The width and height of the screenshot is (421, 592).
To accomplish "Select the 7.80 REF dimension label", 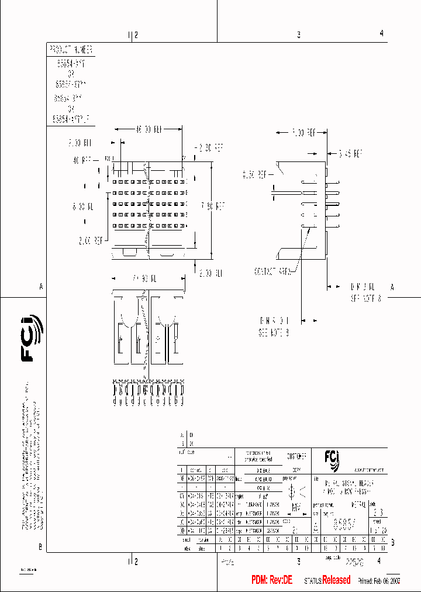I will pyautogui.click(x=212, y=206).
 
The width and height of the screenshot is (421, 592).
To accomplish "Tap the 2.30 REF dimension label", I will pyautogui.click(x=209, y=147).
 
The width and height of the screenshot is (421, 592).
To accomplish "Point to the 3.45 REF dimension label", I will pyautogui.click(x=350, y=154).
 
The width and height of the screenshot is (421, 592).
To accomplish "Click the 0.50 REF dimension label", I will pyautogui.click(x=255, y=174).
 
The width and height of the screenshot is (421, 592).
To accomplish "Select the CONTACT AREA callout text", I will pyautogui.click(x=274, y=271).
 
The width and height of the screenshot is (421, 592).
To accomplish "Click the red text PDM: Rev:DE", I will pyautogui.click(x=272, y=580).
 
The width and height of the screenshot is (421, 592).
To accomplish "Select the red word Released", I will pyautogui.click(x=336, y=580).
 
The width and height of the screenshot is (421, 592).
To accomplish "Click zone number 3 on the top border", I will pyautogui.click(x=298, y=35).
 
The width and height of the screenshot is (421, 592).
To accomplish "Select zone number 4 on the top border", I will pyautogui.click(x=381, y=33).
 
